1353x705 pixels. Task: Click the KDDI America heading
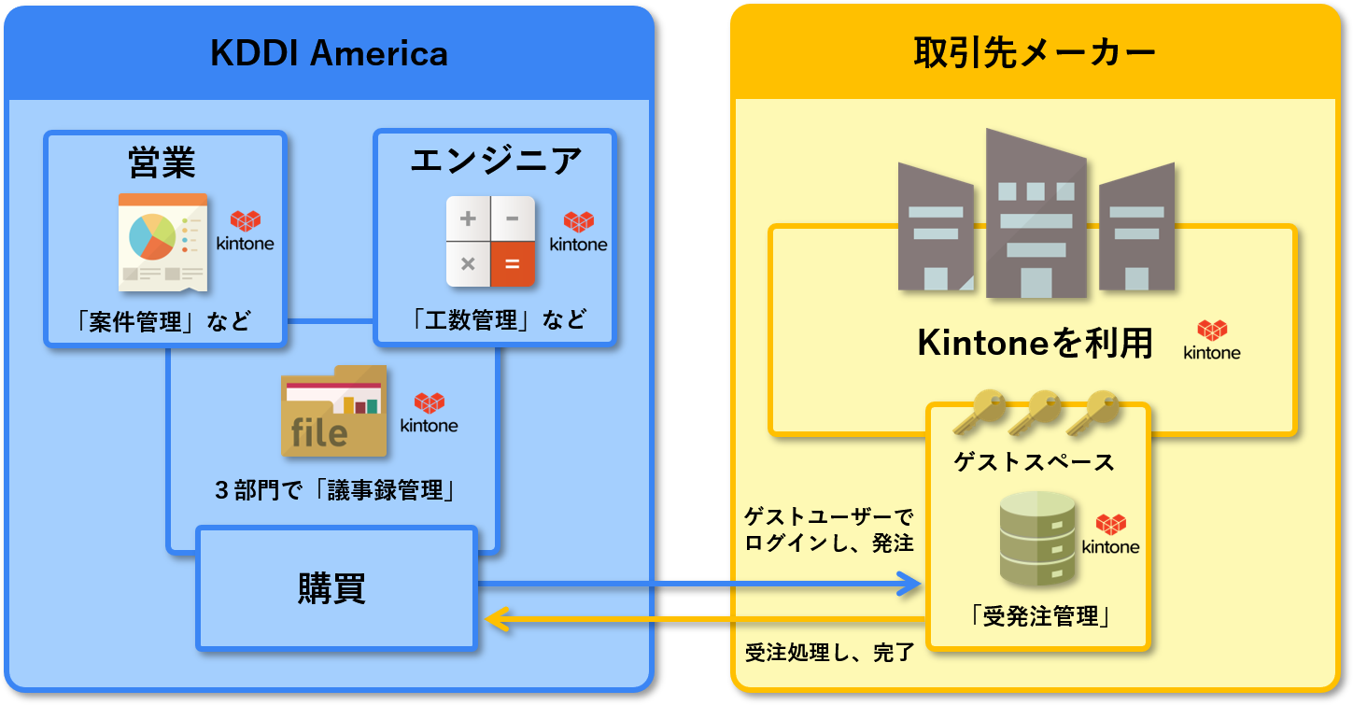(x=329, y=53)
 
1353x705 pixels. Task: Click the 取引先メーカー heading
(x=1035, y=53)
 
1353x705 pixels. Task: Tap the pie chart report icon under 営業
(x=162, y=242)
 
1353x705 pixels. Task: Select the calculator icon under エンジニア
(x=490, y=242)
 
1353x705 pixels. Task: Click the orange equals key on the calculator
(x=513, y=264)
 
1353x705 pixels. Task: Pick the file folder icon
(x=333, y=412)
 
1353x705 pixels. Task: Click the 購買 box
(x=336, y=588)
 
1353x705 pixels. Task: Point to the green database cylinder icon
(x=1036, y=540)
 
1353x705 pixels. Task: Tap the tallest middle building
(x=1036, y=215)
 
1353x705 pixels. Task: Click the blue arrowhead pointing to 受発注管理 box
(x=909, y=585)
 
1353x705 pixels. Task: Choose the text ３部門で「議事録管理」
(x=334, y=489)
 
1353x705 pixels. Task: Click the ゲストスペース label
(x=1034, y=461)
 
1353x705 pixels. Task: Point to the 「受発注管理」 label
(x=1038, y=617)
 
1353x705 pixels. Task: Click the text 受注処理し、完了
(x=829, y=652)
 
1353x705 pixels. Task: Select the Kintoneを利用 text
(x=1036, y=344)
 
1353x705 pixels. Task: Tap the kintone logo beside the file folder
(x=429, y=413)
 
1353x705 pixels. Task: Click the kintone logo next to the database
(x=1110, y=535)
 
